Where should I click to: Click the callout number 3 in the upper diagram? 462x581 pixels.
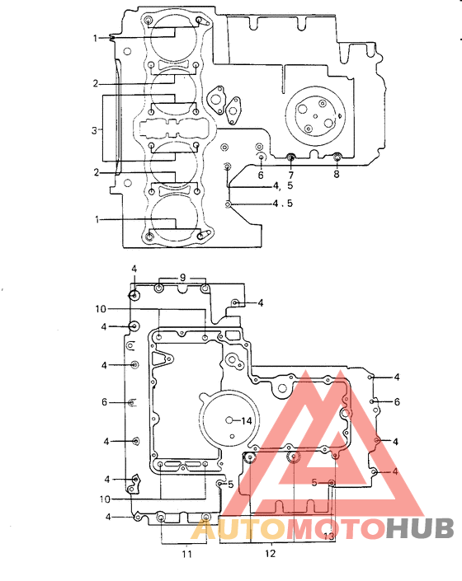click(x=96, y=129)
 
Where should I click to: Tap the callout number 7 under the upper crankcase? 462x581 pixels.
click(x=290, y=176)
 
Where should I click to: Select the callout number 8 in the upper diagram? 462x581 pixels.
click(x=337, y=175)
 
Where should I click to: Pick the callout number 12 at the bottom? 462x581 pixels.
click(x=271, y=554)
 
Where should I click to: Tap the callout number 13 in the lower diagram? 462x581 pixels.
click(x=328, y=536)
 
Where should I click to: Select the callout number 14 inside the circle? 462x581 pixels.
click(x=245, y=420)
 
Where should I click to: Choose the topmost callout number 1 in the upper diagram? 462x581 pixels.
click(x=96, y=38)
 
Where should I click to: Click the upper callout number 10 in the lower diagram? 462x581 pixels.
click(x=101, y=309)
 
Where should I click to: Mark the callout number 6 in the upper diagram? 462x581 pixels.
click(x=260, y=175)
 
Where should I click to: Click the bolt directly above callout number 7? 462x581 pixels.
click(x=290, y=157)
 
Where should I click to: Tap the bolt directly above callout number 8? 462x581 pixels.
click(x=337, y=157)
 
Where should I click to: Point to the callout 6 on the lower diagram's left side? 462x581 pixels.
click(x=105, y=402)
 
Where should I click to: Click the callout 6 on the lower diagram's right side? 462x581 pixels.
click(x=397, y=401)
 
